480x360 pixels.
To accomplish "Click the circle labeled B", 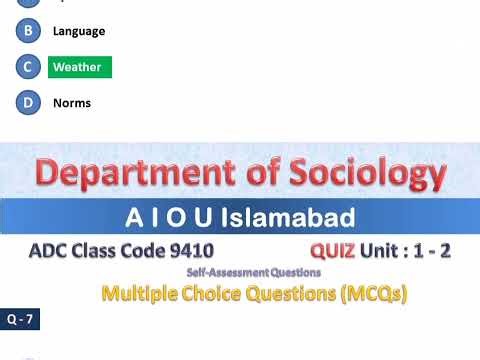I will pyautogui.click(x=28, y=31).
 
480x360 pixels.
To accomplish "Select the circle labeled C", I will pyautogui.click(x=28, y=67).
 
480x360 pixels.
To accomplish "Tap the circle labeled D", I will pyautogui.click(x=28, y=103).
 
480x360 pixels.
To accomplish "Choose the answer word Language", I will pyautogui.click(x=79, y=31).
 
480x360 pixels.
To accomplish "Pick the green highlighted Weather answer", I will pyautogui.click(x=78, y=67).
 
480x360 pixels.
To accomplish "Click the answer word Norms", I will pyautogui.click(x=72, y=103).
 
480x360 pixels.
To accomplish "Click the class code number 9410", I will pyautogui.click(x=191, y=250).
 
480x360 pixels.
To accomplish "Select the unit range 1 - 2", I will pyautogui.click(x=428, y=250).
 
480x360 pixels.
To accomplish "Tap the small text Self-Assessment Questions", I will pyautogui.click(x=254, y=272).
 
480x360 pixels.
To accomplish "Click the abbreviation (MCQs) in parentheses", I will pyautogui.click(x=371, y=294).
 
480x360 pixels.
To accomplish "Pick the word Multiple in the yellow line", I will pyautogui.click(x=140, y=294).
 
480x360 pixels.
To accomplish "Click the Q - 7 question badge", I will pyautogui.click(x=19, y=321).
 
